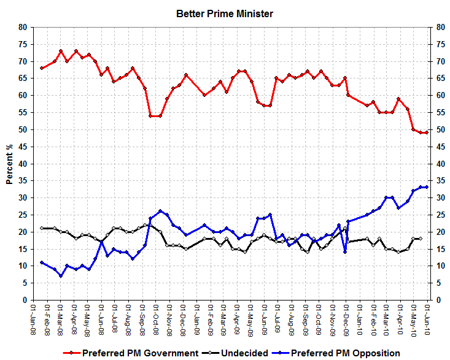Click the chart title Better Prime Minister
(225, 13)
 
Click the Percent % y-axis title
(10, 163)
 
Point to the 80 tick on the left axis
(23, 27)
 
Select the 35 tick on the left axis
(23, 181)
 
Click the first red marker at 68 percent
(42, 68)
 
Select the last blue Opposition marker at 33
(426, 187)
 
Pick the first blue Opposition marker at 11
(42, 262)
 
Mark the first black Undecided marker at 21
(42, 228)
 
